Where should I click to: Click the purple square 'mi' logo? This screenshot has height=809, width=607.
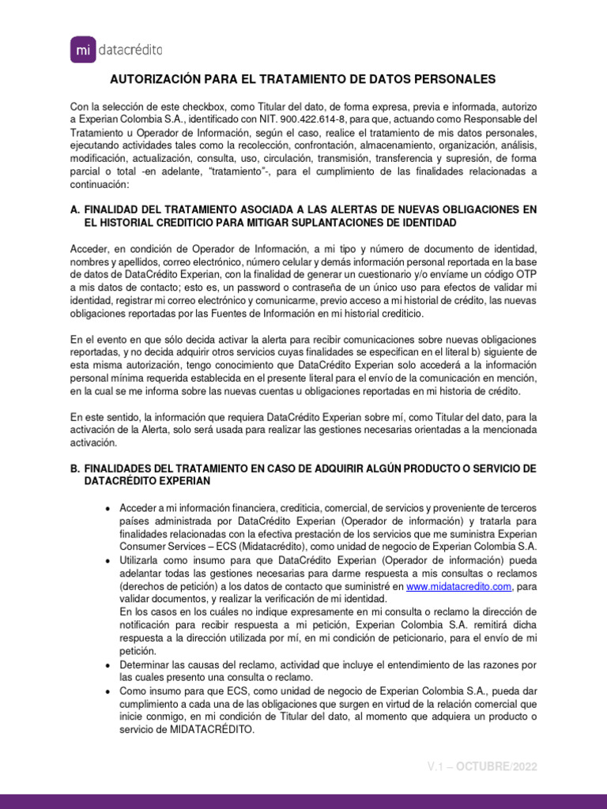(84, 50)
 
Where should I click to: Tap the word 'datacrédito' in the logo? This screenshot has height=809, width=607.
(131, 51)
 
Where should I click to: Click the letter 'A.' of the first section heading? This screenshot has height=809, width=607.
(75, 209)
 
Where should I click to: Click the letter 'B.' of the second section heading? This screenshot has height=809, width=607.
(75, 468)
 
